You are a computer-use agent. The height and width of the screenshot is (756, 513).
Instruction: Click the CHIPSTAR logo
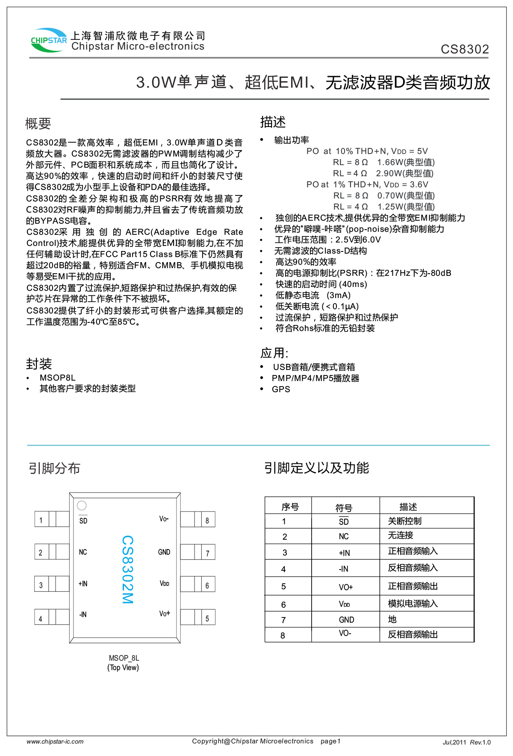[49, 40]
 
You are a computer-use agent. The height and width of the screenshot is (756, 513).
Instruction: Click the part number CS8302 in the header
[465, 49]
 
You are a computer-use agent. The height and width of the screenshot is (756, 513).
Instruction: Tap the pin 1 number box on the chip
[41, 520]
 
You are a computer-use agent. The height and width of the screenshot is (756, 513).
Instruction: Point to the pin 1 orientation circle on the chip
[82, 505]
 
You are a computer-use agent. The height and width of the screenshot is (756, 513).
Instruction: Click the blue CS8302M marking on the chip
[127, 569]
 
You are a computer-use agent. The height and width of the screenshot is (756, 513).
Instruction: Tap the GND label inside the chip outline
[164, 552]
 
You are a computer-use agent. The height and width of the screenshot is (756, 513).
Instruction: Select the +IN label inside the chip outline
[83, 584]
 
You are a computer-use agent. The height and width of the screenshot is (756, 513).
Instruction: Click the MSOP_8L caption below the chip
[124, 658]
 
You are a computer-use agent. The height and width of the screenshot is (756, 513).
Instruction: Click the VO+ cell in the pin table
[345, 587]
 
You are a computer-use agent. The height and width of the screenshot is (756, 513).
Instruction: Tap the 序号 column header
[290, 507]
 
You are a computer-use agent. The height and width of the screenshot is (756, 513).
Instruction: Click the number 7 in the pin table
[283, 620]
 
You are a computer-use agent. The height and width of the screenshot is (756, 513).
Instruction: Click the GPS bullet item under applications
[281, 389]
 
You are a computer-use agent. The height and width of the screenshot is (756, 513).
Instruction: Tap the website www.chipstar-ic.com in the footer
[55, 741]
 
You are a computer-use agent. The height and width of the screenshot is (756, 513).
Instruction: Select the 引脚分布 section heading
[54, 468]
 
